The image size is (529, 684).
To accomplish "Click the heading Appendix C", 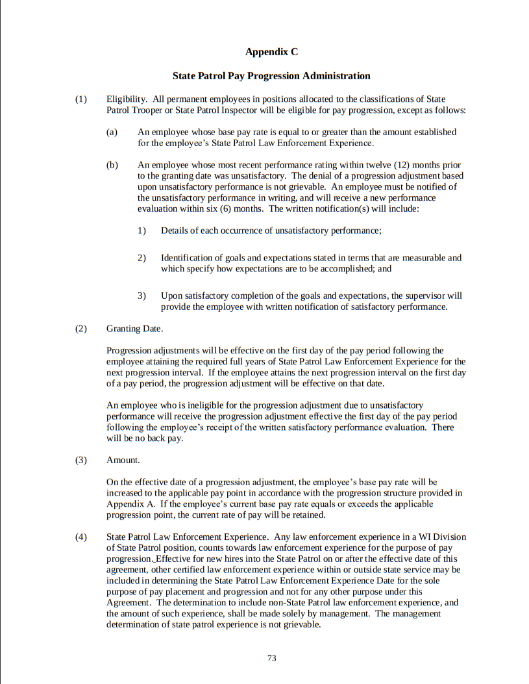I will point(271,51).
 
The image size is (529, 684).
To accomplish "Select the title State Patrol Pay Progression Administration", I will point(271,76).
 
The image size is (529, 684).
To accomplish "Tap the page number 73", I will point(272,658).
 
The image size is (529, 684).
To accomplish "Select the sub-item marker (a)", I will point(112,132).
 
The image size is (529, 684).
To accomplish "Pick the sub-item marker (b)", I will point(112,165).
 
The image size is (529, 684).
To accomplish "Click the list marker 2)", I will point(141,258).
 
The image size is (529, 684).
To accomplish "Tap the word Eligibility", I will point(127,99).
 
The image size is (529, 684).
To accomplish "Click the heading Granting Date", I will point(134,329).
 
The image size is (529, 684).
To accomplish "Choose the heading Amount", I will point(123,461).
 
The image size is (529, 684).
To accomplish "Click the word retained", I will point(307,515).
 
